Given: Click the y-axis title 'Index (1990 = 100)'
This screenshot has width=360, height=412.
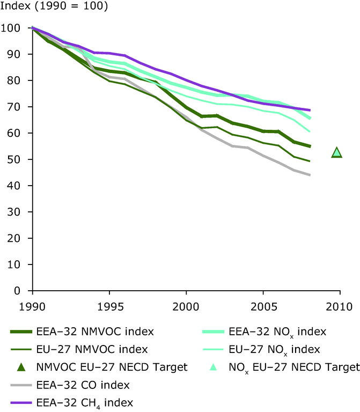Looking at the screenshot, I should point(54,8).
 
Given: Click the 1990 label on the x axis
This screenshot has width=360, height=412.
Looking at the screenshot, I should point(32,308).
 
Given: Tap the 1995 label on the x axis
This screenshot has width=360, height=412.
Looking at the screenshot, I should point(109,308).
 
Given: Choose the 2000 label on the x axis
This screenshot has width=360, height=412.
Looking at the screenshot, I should point(186,308).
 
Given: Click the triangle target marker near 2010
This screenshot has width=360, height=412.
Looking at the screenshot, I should point(336,153).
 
